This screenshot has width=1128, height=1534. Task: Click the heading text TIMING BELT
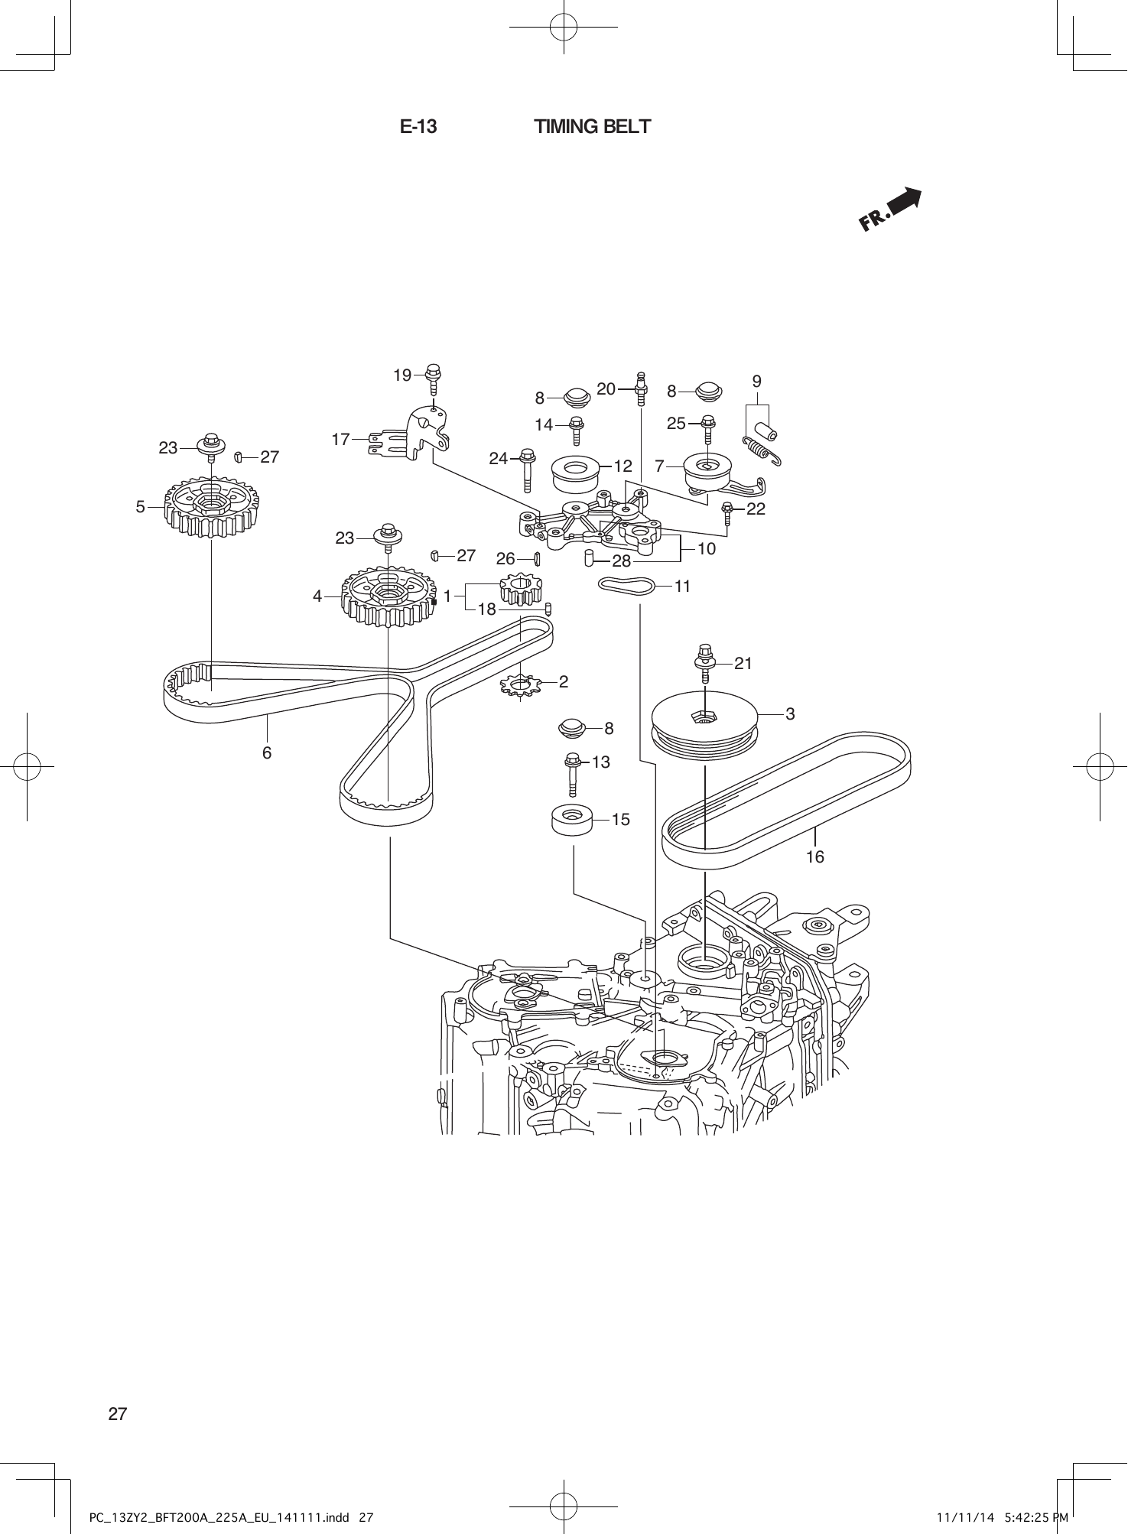click(592, 127)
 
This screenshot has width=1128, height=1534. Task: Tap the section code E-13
click(418, 127)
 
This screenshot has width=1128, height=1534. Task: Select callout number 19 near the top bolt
click(402, 375)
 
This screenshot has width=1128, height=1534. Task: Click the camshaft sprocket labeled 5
click(211, 505)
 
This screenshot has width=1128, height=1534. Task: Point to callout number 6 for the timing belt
click(267, 752)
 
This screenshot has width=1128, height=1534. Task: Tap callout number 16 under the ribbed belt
click(815, 857)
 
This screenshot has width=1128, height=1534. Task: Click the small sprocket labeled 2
click(519, 683)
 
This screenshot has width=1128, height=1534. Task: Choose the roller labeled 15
click(573, 820)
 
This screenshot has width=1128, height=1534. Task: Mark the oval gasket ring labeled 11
click(626, 587)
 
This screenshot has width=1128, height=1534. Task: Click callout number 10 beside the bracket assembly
click(707, 548)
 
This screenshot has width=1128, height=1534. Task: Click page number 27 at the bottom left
click(118, 1413)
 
